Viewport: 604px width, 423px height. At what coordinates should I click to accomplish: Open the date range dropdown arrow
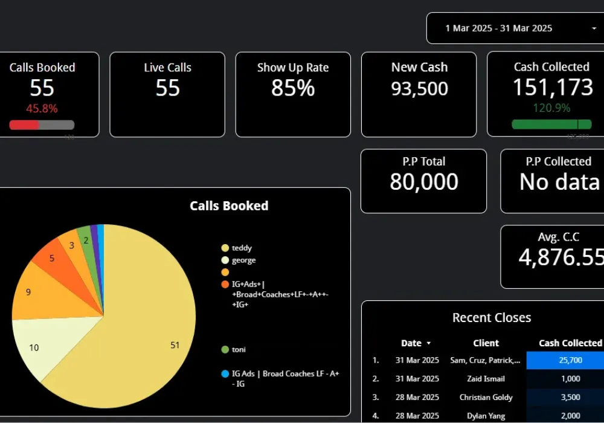[x=594, y=28]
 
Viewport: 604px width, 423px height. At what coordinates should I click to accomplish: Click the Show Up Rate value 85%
[x=293, y=89]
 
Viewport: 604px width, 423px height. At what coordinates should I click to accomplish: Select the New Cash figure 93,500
[x=419, y=89]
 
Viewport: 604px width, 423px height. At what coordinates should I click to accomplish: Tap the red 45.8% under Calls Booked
[x=42, y=109]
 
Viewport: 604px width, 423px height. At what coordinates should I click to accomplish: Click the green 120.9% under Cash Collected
[x=551, y=109]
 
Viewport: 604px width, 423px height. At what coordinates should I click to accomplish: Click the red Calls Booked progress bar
[x=24, y=125]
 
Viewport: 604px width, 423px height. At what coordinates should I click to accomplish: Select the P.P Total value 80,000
[x=423, y=182]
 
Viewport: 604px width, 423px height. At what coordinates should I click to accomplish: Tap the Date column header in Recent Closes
[x=411, y=343]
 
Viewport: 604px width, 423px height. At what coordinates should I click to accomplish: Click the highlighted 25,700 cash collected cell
[x=565, y=360]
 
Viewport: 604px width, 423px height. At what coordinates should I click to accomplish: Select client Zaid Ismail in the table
[x=486, y=379]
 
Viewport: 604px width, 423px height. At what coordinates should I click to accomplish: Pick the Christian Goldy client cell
[x=486, y=397]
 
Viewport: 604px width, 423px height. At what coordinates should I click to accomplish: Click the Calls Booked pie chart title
[x=229, y=206]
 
